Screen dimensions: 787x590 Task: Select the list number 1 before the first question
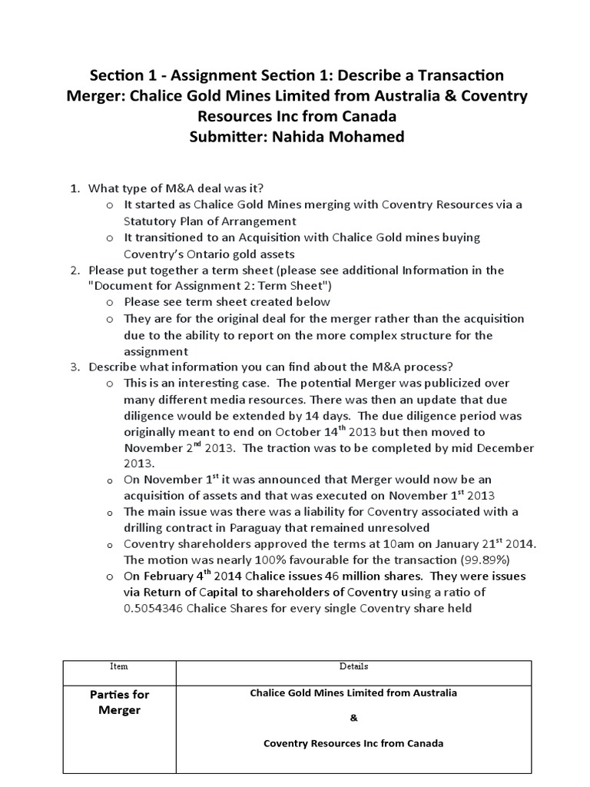[x=75, y=188]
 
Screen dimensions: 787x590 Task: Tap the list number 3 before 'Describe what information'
[x=75, y=366]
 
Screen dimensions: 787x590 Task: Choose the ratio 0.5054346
[x=160, y=609]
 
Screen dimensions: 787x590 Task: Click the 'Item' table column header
[x=118, y=666]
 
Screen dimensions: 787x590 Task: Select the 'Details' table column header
[x=353, y=666]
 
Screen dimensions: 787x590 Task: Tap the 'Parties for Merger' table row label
[x=119, y=702]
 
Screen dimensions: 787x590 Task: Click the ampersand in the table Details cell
[x=353, y=719]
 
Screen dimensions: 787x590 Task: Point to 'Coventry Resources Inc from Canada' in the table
[x=353, y=744]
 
